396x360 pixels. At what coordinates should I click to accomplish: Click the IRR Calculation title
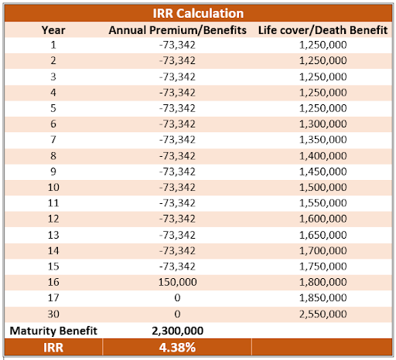coord(198,13)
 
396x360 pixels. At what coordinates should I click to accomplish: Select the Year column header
coord(53,30)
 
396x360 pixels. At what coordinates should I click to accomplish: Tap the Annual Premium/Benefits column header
coord(177,30)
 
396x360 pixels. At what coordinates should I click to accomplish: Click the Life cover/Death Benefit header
coord(323,30)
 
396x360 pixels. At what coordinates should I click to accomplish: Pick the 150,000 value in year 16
coord(177,282)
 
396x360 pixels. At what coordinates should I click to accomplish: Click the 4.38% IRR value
coord(177,348)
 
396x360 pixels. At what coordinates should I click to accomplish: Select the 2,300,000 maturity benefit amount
coord(177,331)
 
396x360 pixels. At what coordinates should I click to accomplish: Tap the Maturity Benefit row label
coord(53,331)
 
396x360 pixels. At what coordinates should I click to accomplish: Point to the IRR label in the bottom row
coord(53,348)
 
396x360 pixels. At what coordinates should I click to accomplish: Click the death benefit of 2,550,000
coord(323,314)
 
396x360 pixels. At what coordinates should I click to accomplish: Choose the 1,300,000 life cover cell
coord(323,124)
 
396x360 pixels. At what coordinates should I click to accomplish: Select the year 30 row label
coord(53,314)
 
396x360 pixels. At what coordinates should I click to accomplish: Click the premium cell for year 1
coord(177,45)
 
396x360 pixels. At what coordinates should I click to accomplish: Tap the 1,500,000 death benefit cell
coord(323,187)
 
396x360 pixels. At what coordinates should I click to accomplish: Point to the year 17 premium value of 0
coord(177,298)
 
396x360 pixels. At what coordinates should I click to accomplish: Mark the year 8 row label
coord(53,156)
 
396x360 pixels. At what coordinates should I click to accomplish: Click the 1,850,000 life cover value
coord(323,298)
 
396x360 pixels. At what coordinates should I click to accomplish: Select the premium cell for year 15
coord(177,267)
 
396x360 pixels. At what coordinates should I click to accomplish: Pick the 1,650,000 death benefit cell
coord(323,235)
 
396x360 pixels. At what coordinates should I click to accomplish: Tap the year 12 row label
coord(53,219)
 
